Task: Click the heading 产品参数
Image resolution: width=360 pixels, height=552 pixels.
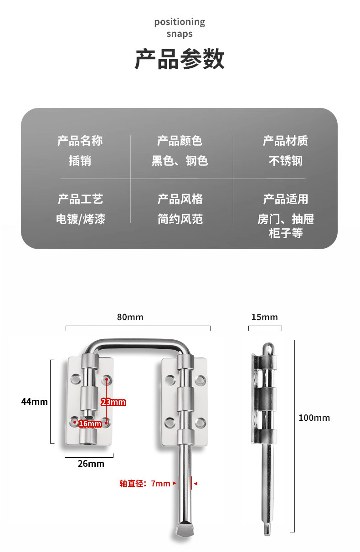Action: click(180, 60)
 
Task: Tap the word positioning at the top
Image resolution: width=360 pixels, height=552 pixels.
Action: click(180, 22)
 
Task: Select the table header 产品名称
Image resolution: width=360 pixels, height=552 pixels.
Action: click(80, 141)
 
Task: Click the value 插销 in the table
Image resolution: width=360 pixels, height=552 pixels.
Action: click(80, 161)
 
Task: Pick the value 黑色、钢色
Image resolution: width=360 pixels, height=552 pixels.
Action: click(180, 161)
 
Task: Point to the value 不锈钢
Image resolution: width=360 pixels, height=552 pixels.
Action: click(285, 161)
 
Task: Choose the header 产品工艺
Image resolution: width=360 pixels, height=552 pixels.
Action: click(80, 199)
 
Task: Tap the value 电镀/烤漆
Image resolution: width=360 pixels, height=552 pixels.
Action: click(80, 219)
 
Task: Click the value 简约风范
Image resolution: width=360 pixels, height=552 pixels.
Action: click(180, 219)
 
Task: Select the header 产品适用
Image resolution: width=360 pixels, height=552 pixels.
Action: click(285, 199)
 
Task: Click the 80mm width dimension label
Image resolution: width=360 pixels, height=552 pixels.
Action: click(130, 317)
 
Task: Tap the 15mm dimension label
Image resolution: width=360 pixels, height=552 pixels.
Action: click(264, 317)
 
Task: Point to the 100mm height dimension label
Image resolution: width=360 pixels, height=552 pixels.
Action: click(314, 418)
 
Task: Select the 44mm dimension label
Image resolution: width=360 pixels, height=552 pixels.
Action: click(34, 402)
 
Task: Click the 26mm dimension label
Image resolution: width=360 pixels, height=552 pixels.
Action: click(91, 464)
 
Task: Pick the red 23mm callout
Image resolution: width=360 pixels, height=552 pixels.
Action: click(113, 402)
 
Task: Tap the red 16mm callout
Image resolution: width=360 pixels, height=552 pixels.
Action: click(90, 424)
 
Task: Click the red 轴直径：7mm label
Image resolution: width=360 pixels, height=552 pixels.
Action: click(145, 484)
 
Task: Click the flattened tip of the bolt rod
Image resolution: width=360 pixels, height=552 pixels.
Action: click(184, 529)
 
